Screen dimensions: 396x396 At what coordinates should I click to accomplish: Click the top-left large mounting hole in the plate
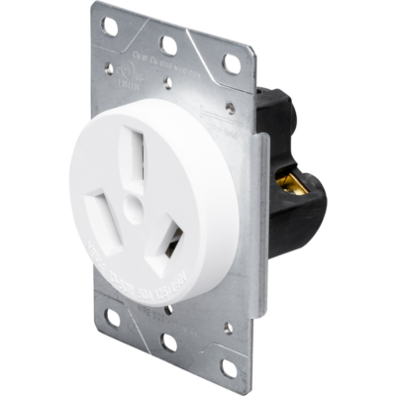click(112, 21)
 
